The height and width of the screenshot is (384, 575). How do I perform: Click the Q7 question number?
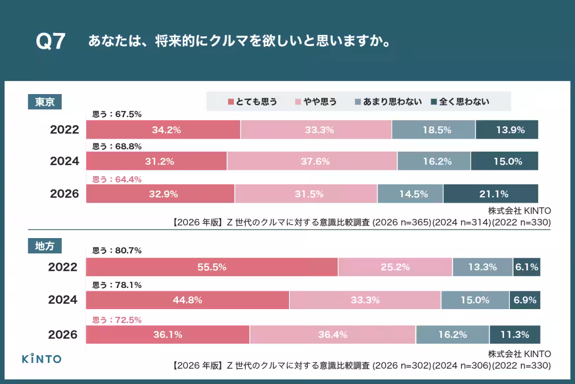[x=50, y=42]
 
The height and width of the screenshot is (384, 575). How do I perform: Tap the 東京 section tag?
[x=45, y=102]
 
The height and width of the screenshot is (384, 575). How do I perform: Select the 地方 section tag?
[x=45, y=246]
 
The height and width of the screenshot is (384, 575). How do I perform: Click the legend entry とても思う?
[x=253, y=102]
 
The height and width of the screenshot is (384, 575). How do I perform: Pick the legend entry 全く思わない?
[x=460, y=102]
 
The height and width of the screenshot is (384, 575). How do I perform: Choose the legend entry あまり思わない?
[x=388, y=102]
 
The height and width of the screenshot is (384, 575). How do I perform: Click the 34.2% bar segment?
[x=163, y=130]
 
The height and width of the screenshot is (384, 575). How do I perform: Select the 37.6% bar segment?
[x=312, y=161]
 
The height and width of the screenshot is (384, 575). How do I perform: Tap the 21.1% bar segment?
[x=491, y=194]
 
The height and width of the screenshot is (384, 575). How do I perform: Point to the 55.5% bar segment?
[x=212, y=267]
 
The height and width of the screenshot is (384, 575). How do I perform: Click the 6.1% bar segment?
[x=527, y=267]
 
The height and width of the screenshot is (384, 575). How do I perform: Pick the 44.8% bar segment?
[x=187, y=300]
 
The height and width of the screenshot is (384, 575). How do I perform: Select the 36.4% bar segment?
[x=333, y=335]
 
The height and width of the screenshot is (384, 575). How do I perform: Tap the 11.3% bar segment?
[x=515, y=335]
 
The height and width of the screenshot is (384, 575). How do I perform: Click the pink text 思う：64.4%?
[x=116, y=179]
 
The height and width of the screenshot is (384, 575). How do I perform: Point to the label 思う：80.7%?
[x=116, y=250]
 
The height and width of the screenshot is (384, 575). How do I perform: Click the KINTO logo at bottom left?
[x=42, y=359]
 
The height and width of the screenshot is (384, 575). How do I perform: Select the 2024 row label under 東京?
[x=65, y=161]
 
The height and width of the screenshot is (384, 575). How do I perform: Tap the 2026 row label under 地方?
[x=63, y=335]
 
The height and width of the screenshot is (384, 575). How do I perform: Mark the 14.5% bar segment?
[x=410, y=194]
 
